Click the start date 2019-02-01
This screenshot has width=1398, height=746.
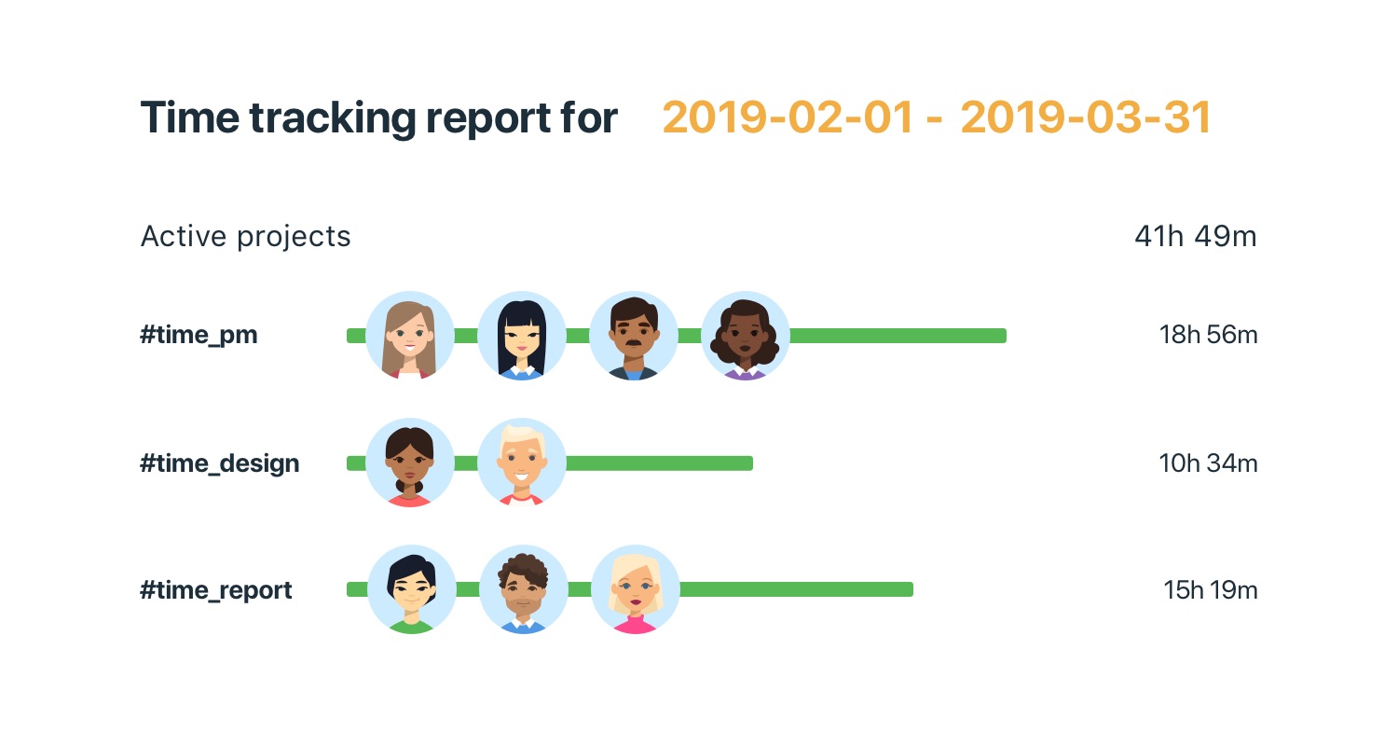tap(788, 118)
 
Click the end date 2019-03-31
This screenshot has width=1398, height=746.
tap(1086, 118)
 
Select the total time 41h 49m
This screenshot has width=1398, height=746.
tap(1195, 237)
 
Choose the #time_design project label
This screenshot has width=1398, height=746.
tap(220, 463)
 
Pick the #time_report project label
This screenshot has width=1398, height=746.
tap(216, 590)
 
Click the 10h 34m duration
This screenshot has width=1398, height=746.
tap(1208, 463)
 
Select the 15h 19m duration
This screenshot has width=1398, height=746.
tap(1210, 590)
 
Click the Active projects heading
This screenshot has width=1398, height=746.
tap(245, 237)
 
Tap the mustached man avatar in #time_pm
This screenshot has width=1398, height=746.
tap(634, 336)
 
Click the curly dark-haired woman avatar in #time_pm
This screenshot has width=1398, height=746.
tap(746, 336)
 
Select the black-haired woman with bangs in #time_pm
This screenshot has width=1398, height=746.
tap(522, 336)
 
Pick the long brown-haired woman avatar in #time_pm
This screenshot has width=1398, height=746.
tap(410, 336)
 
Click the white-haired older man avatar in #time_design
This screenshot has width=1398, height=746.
tap(522, 463)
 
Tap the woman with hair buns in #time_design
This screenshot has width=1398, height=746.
tap(410, 463)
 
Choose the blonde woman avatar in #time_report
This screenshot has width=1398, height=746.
tap(636, 589)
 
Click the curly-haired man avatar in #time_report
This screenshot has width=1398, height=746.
tap(524, 589)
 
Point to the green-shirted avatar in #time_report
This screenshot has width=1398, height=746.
tap(412, 589)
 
